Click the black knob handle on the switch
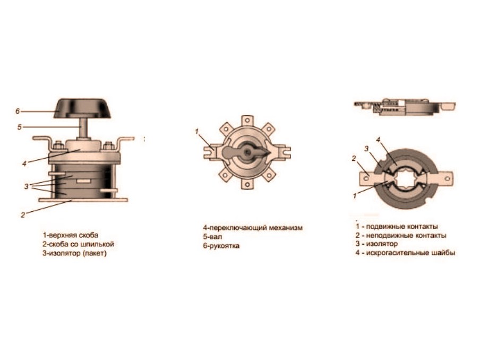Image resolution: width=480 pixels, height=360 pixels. [83, 108]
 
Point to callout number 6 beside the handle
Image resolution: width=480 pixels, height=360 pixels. [18, 111]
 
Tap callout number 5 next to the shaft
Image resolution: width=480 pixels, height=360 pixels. [20, 127]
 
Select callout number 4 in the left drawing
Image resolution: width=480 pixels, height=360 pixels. [24, 164]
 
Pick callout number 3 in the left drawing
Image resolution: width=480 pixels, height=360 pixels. [27, 186]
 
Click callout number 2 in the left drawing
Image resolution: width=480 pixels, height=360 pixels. [23, 215]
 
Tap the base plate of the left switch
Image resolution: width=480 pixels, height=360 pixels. [83, 200]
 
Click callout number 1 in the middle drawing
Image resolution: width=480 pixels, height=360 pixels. [197, 131]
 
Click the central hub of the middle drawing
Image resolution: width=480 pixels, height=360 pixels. [248, 151]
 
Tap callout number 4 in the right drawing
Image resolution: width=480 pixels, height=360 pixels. [378, 140]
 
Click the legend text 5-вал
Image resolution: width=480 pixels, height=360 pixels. [212, 237]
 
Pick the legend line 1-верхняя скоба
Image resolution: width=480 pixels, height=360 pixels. [71, 235]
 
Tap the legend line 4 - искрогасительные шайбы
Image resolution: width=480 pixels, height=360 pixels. [405, 253]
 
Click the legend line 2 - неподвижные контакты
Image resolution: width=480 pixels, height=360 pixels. [401, 235]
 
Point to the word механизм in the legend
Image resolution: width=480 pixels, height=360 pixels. [285, 228]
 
